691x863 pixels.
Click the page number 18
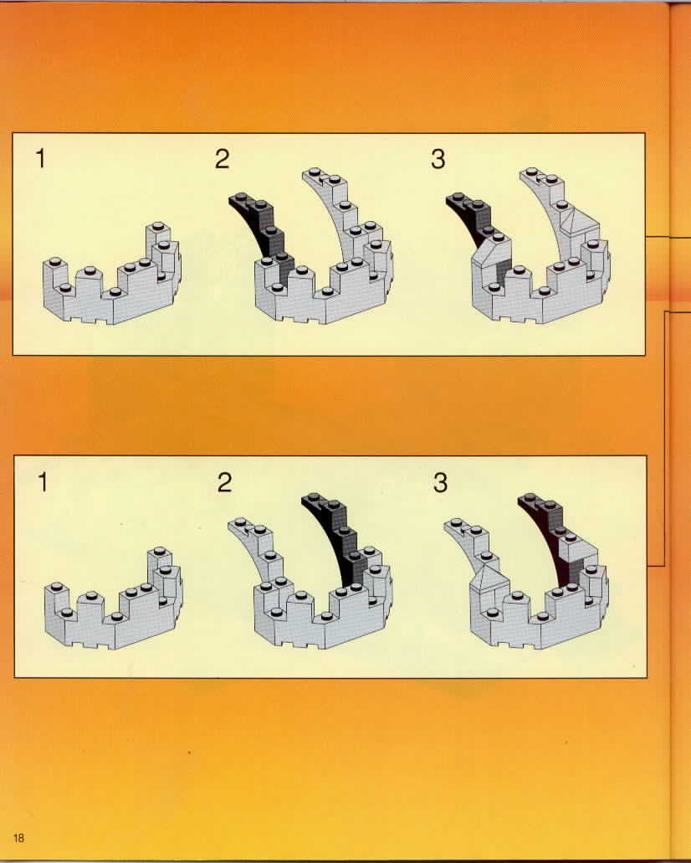click(x=18, y=838)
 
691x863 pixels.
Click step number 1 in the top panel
click(x=40, y=158)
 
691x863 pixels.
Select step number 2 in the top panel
click(x=222, y=159)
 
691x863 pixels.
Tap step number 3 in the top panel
click(x=438, y=159)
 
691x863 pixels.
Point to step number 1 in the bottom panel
click(x=43, y=483)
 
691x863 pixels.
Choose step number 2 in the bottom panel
click(x=224, y=483)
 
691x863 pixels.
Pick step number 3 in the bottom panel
click(x=440, y=483)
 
